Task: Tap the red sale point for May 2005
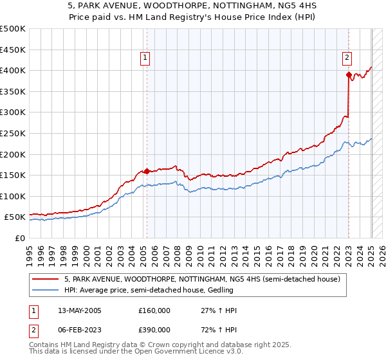147,171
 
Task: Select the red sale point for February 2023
349,75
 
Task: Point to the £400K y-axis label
14,70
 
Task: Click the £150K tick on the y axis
14,175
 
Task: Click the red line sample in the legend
46,280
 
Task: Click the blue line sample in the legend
46,290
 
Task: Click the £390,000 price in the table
154,329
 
